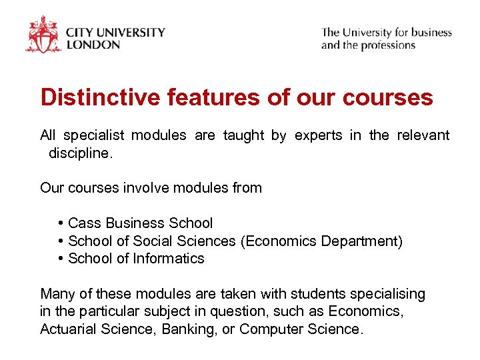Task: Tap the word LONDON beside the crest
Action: click(93, 45)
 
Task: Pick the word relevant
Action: click(423, 136)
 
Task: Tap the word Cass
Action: click(83, 223)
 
